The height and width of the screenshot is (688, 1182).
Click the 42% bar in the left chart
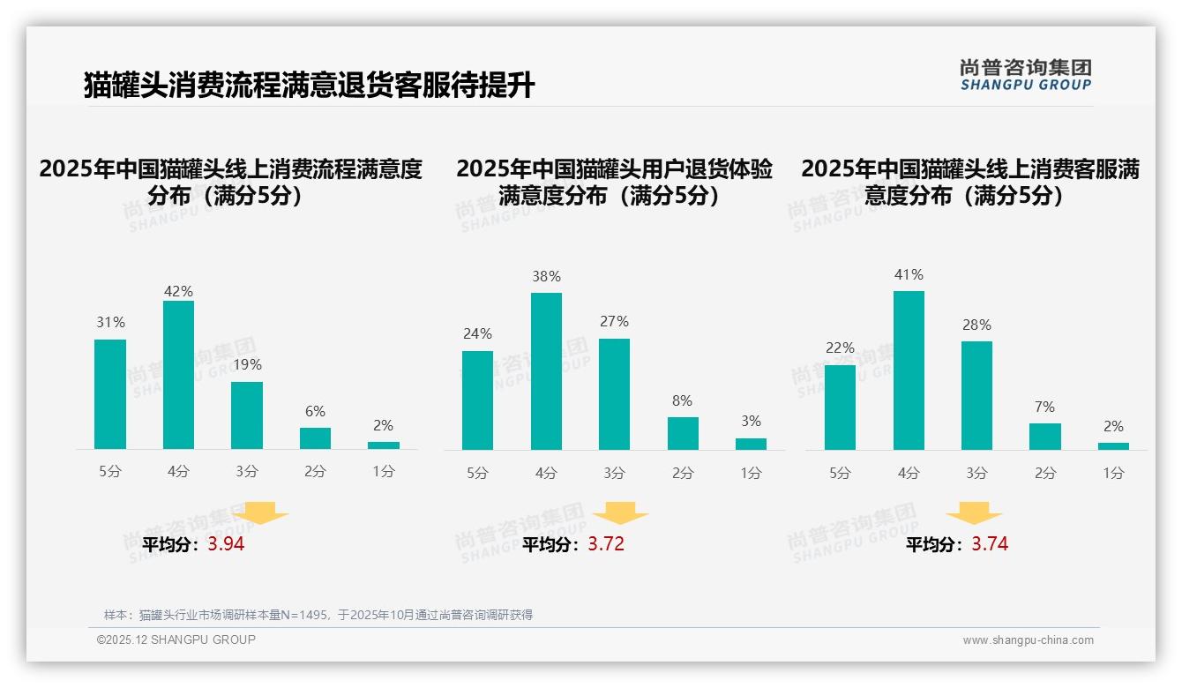[178, 375]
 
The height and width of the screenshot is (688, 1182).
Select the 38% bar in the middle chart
[546, 371]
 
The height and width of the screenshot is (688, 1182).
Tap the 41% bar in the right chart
[909, 370]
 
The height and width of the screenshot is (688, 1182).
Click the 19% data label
[247, 364]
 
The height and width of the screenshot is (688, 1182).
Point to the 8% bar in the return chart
[683, 433]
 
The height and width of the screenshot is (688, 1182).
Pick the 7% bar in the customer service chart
[1044, 437]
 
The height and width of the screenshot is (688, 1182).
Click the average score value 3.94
[226, 544]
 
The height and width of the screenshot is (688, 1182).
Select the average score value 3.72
[606, 544]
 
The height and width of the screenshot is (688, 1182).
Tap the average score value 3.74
[990, 544]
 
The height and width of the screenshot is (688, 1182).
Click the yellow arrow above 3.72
[620, 512]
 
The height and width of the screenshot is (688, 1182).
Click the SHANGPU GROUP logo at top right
[1026, 75]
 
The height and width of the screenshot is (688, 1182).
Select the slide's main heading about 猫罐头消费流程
[309, 86]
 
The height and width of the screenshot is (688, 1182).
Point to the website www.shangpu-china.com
[1028, 640]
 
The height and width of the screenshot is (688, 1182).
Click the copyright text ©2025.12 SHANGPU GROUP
[176, 639]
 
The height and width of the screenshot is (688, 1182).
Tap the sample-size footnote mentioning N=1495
[318, 615]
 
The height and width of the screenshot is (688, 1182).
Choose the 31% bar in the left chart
[110, 394]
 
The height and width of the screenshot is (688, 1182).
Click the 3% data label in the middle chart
[751, 422]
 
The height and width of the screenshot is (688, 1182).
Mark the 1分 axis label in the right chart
[1113, 473]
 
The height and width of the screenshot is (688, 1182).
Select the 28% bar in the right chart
[976, 395]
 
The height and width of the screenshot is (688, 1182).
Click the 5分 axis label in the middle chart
[477, 473]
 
